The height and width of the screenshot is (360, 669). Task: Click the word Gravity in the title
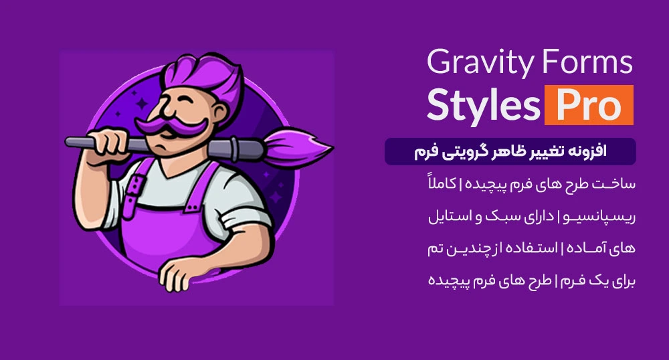472,64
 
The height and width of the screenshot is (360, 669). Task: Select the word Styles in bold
482,105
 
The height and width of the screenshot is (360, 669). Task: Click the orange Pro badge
589,105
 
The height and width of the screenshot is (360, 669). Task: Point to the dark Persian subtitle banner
510,152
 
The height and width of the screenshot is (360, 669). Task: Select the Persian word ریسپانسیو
597,217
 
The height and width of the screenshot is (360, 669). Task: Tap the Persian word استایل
450,217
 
